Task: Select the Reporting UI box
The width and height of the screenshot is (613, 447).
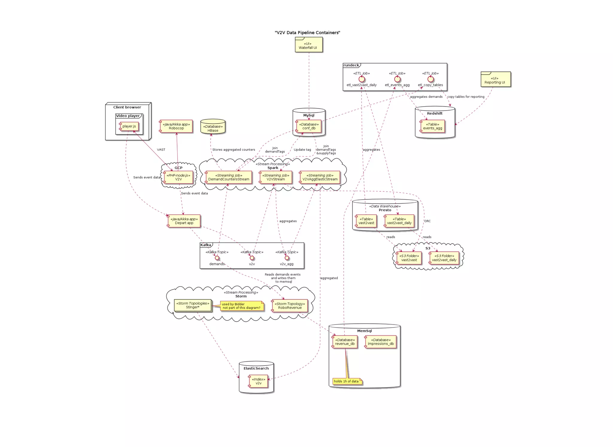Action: coord(495,80)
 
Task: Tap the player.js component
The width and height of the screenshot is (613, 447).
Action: coord(129,126)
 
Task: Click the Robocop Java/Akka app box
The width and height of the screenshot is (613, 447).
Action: coord(176,126)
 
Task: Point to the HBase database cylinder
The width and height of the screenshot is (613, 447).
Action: coord(213,127)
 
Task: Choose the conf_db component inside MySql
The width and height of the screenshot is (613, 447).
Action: coord(309,126)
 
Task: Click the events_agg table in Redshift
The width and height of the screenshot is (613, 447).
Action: coord(433,126)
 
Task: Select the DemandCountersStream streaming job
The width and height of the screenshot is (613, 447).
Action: coord(229,177)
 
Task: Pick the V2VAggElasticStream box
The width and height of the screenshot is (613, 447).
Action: coord(320,177)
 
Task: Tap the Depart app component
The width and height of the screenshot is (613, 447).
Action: coord(184,221)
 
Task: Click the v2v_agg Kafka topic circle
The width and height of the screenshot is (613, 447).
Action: coord(287,258)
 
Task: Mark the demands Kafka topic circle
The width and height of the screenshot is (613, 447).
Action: coord(217,258)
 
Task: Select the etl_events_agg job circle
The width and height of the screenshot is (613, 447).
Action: coord(397,79)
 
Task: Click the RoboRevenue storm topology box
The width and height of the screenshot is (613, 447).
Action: coord(290,306)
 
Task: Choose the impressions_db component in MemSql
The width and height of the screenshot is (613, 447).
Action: coord(380,342)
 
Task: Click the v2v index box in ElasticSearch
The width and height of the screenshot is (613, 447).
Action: coord(258,381)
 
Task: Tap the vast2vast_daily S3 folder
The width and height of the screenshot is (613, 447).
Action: coord(444,258)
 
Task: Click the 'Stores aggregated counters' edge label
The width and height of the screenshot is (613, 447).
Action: coord(233,150)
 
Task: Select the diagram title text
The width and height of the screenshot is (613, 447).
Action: coord(307,33)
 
